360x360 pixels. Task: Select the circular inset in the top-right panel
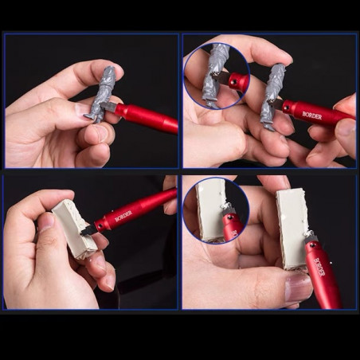tap(217, 76)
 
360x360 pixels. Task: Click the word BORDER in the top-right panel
tap(312, 114)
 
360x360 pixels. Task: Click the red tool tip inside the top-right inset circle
tap(237, 81)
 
